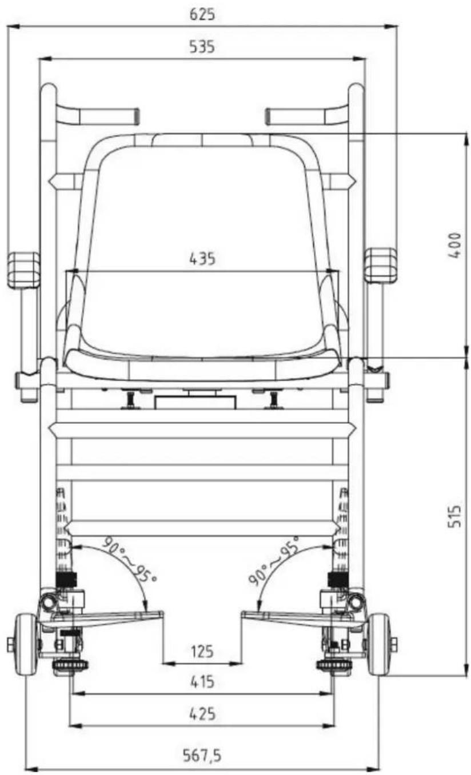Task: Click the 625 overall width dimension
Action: pos(202,14)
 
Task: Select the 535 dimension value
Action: pos(202,47)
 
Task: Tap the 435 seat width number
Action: pos(202,259)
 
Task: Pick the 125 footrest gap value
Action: pos(202,652)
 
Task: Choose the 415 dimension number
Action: pos(202,682)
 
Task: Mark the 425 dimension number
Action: pos(202,714)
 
